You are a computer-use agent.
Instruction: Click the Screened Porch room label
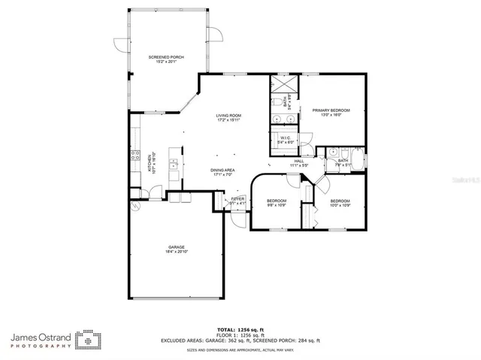(x=167, y=59)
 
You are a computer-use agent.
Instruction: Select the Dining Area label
(x=223, y=172)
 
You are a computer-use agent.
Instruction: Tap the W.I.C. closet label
(x=286, y=141)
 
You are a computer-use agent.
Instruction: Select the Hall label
(x=298, y=162)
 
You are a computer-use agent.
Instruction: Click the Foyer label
(x=237, y=201)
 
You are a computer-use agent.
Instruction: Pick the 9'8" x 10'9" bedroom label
(x=277, y=203)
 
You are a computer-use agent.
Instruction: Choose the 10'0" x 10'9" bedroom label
(x=340, y=203)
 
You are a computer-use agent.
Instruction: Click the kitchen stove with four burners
(x=135, y=156)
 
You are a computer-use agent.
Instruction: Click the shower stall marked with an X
(x=283, y=83)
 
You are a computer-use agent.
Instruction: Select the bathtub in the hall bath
(x=360, y=161)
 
